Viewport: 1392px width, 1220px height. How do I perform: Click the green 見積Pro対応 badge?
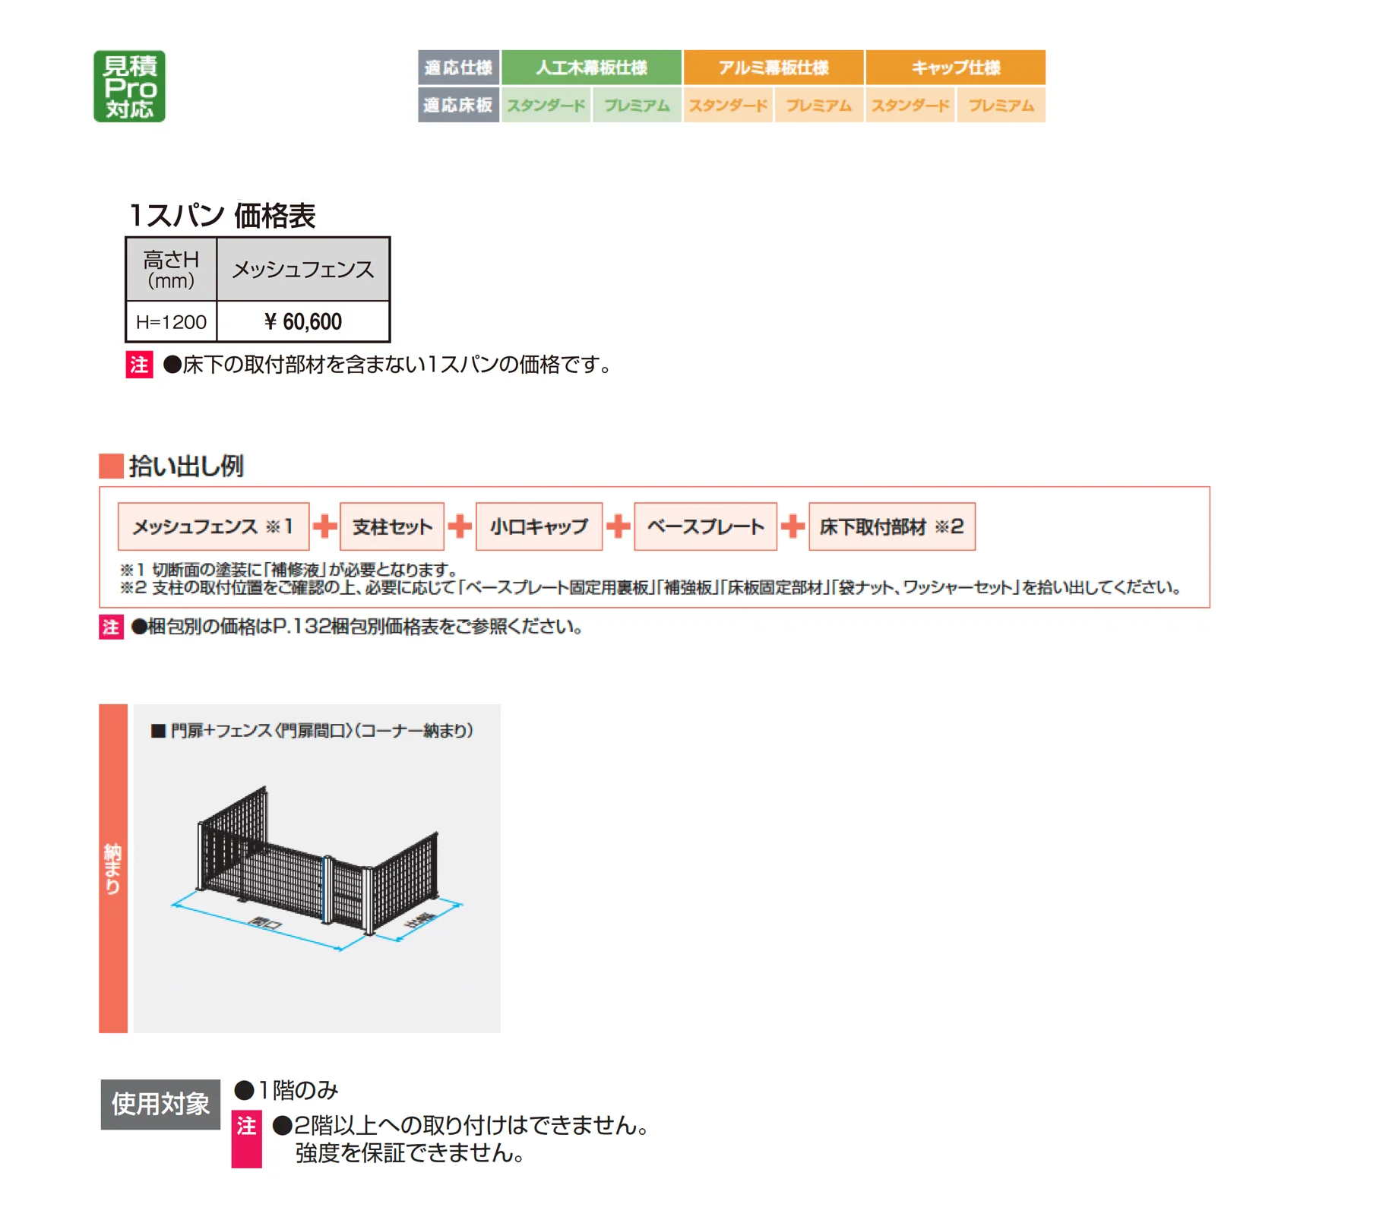(x=129, y=86)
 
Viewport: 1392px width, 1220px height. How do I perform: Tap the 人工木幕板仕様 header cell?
(x=591, y=68)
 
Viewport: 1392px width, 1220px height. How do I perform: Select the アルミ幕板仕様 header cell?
(x=774, y=68)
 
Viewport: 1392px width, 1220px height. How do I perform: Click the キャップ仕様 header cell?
(x=956, y=68)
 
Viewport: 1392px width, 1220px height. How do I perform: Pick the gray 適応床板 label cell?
(x=458, y=105)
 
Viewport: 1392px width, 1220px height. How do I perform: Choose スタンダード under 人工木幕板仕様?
(x=546, y=105)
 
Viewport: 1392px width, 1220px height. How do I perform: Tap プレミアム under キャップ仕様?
(x=1001, y=105)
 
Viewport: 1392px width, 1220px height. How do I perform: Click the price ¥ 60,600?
(x=303, y=321)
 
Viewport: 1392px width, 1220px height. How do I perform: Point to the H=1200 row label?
(x=171, y=322)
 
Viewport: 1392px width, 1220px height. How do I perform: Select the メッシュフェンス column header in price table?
(x=303, y=270)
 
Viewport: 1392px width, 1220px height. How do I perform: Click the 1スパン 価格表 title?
(x=222, y=216)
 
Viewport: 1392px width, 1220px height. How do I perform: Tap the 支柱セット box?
(x=392, y=526)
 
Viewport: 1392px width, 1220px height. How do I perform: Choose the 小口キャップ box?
(x=539, y=526)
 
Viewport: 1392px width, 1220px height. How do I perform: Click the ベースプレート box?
(x=705, y=526)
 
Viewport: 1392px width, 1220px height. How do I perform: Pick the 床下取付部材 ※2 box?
(x=892, y=526)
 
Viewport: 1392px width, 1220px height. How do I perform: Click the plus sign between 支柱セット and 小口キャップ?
(x=460, y=526)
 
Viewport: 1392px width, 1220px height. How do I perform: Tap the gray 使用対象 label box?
(x=160, y=1104)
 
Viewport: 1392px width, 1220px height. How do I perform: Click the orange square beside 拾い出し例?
(x=111, y=466)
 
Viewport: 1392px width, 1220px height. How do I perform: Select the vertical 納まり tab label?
(x=113, y=868)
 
